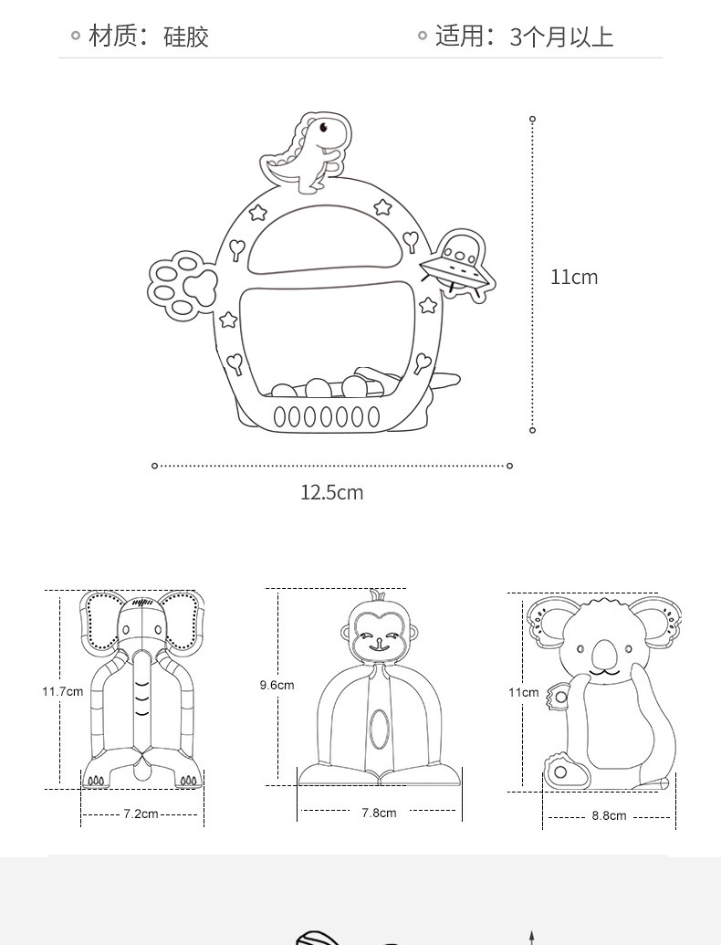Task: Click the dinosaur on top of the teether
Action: point(308,153)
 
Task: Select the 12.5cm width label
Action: point(331,493)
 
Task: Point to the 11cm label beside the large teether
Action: point(574,277)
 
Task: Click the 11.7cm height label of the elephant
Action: point(62,691)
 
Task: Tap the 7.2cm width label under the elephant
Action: point(141,814)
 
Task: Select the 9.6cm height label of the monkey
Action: point(277,685)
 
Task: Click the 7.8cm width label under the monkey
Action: point(379,813)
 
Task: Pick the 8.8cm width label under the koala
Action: point(609,815)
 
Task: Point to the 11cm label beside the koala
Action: point(523,692)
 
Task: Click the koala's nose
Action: point(603,655)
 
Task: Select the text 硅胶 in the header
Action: point(186,37)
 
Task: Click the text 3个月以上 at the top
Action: point(560,37)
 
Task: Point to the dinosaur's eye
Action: point(322,127)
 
